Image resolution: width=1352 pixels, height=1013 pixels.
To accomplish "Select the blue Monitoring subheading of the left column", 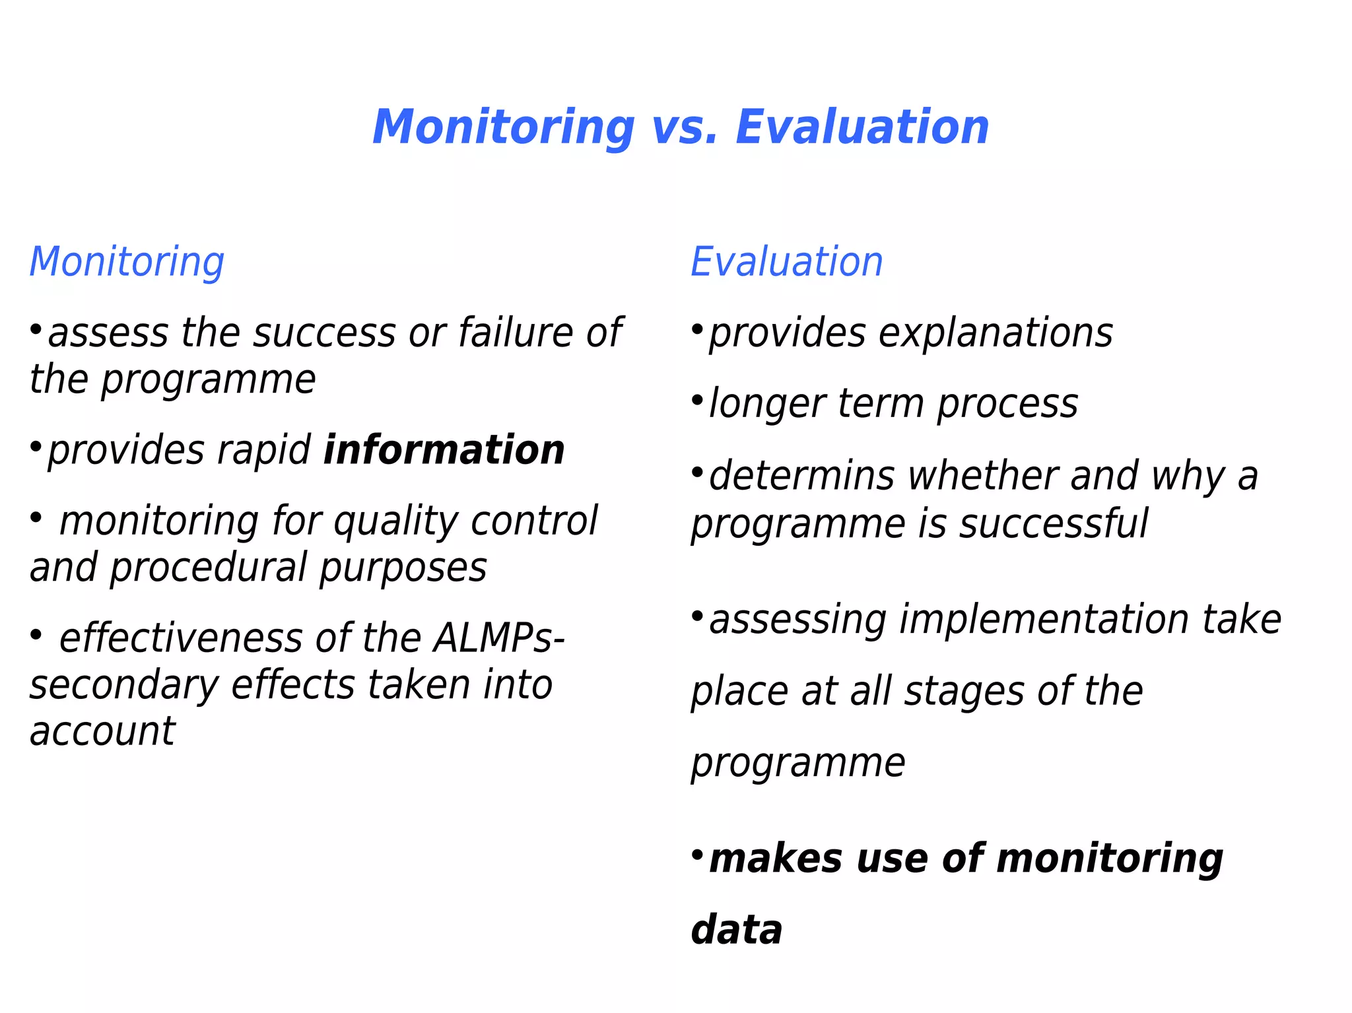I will coord(127,263).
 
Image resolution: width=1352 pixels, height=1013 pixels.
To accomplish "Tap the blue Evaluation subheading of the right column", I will coord(786,262).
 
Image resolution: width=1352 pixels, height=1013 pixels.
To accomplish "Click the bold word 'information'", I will coord(444,451).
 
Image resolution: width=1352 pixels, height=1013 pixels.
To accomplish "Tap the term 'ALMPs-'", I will coord(498,639).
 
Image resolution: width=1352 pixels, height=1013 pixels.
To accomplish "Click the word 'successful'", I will coord(1054,524).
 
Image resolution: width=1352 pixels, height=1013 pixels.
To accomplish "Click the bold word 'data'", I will coord(737,931).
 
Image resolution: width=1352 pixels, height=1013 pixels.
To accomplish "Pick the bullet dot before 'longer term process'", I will coord(697,400).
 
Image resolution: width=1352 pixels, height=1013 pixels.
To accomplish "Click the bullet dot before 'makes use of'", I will coord(697,855).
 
